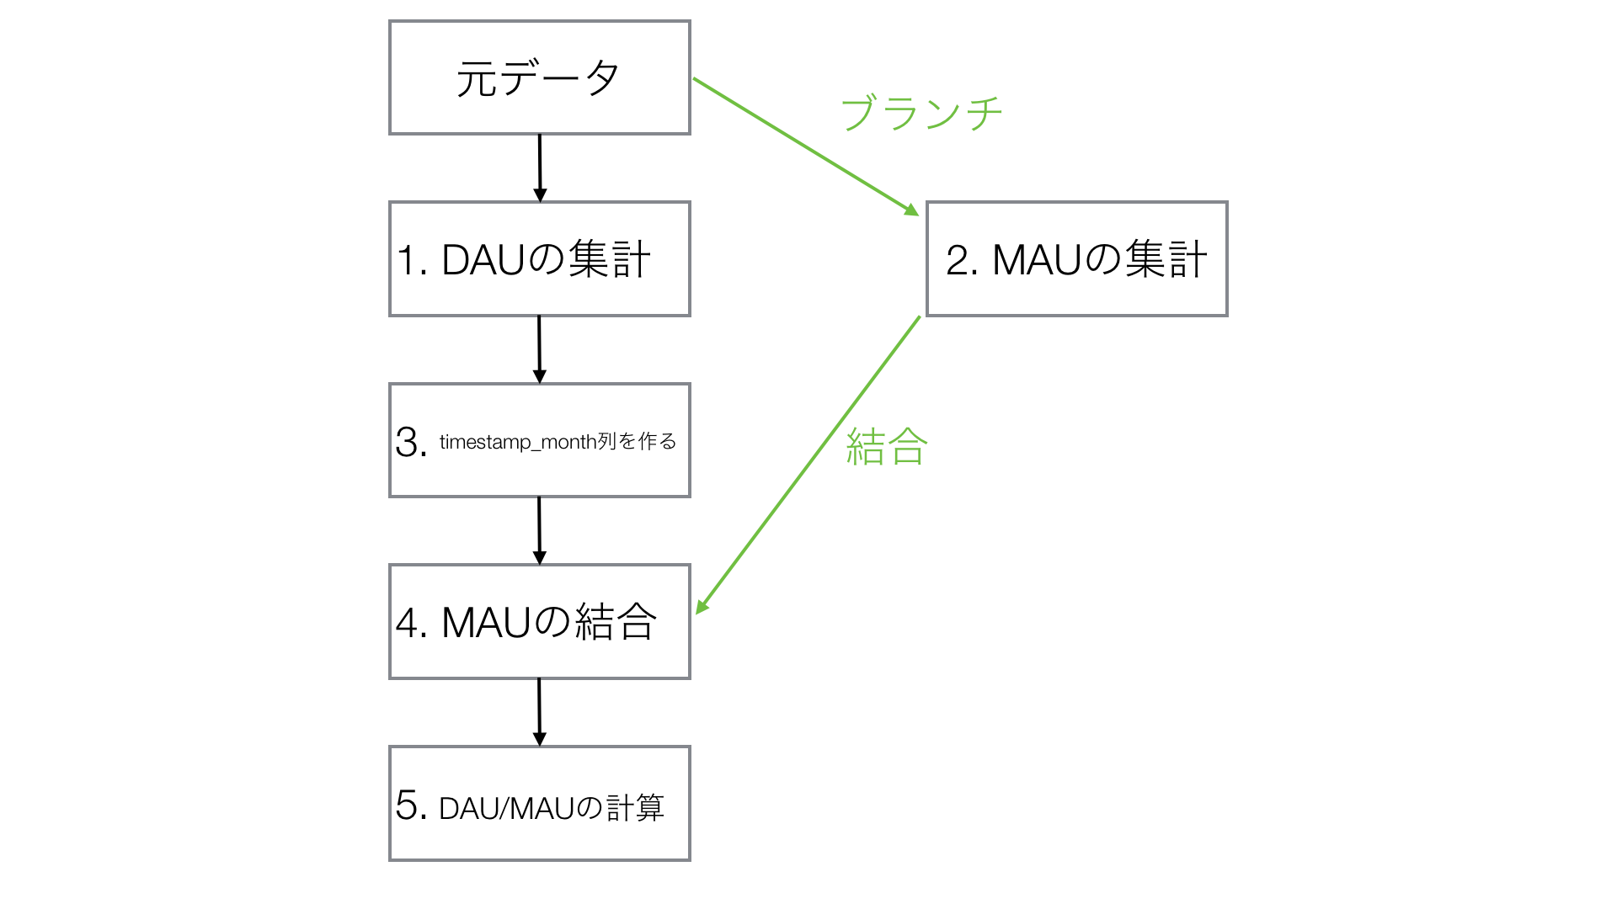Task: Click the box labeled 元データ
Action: click(x=539, y=77)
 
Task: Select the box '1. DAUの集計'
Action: click(x=539, y=258)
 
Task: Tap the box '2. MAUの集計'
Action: click(x=1076, y=258)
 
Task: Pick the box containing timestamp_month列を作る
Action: click(x=539, y=440)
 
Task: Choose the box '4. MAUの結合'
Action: click(x=539, y=621)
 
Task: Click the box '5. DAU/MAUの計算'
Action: click(x=539, y=803)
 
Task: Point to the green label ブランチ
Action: click(x=921, y=113)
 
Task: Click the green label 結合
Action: click(x=886, y=446)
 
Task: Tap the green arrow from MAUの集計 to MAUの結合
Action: click(x=808, y=465)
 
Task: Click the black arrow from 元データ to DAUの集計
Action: click(x=540, y=167)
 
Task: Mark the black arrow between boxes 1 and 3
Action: click(x=540, y=349)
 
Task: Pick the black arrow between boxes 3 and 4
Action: click(x=540, y=530)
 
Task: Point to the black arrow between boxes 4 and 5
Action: click(x=540, y=712)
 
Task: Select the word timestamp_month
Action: click(x=517, y=442)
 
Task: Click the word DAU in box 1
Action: click(x=483, y=260)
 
